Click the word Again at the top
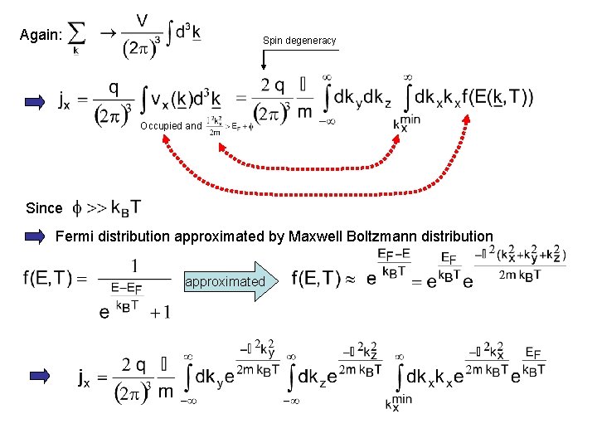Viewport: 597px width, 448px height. (x=39, y=34)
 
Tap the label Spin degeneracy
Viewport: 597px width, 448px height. (x=299, y=40)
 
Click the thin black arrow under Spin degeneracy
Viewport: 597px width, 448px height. (x=264, y=60)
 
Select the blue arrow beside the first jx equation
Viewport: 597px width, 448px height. (x=35, y=102)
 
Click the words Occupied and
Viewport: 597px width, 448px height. (x=171, y=126)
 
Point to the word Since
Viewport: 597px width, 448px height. (x=44, y=207)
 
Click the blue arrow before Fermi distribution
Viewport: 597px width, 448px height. (x=35, y=236)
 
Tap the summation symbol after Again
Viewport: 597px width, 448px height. (x=76, y=35)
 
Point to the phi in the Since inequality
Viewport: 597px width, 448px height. (x=79, y=207)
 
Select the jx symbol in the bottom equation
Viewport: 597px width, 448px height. (x=85, y=379)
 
